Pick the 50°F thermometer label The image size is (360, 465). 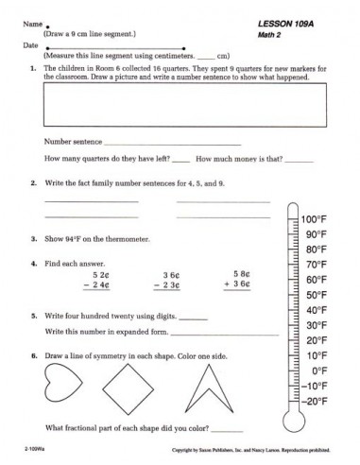(x=317, y=295)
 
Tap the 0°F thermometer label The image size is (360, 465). (x=319, y=370)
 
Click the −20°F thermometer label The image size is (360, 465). (x=315, y=401)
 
